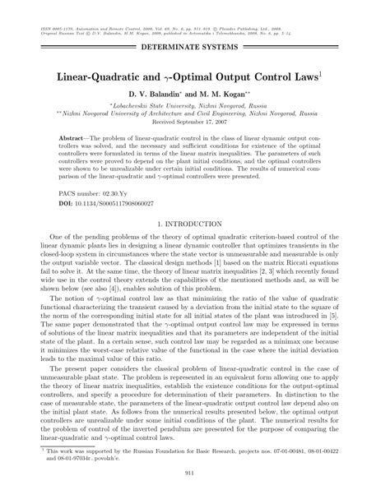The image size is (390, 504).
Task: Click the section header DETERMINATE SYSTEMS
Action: (195, 48)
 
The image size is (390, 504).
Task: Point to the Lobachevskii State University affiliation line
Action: (195, 107)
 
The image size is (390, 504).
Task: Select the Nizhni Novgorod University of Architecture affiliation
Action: (195, 115)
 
